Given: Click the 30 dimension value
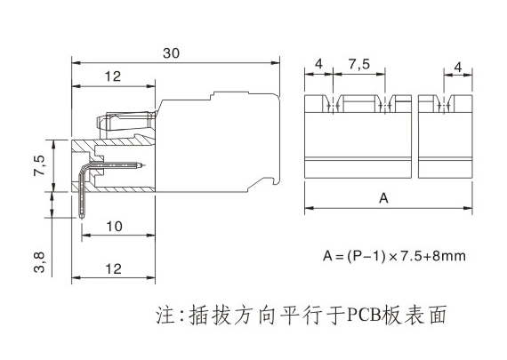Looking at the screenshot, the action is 171,53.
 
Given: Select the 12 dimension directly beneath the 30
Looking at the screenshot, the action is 113,76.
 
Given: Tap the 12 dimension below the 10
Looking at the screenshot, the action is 113,268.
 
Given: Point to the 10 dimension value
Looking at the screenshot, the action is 115,227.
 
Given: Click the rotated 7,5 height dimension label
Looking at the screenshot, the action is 40,166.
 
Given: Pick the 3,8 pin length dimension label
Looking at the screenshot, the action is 39,262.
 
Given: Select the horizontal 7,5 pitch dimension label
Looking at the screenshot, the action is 359,64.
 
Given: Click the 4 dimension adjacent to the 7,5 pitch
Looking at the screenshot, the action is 318,64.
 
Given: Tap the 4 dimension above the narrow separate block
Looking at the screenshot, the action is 458,68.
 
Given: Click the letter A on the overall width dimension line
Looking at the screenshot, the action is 383,197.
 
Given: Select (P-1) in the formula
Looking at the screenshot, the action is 366,256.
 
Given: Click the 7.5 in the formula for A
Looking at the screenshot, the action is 411,256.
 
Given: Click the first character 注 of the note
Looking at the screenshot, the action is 165,314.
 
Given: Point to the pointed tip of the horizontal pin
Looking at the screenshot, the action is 141,165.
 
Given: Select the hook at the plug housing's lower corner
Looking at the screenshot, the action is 276,180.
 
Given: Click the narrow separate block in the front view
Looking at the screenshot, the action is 446,136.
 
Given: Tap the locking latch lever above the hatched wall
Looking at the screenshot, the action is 126,121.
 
